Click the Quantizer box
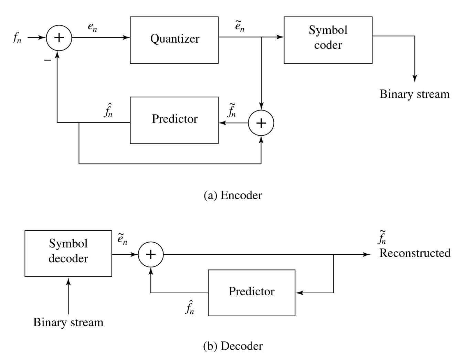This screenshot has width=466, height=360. pyautogui.click(x=174, y=40)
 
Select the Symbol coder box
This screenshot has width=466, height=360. pyautogui.click(x=328, y=40)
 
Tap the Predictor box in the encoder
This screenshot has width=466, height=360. pyautogui.click(x=174, y=120)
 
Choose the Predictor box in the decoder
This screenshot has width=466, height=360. pyautogui.click(x=252, y=293)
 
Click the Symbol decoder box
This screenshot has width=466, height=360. pyautogui.click(x=68, y=253)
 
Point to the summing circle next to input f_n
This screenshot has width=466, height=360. pyautogui.click(x=59, y=38)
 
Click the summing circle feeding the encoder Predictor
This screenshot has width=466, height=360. pyautogui.click(x=261, y=123)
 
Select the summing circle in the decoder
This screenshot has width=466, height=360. pyautogui.click(x=151, y=255)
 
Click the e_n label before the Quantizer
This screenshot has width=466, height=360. pyautogui.click(x=92, y=28)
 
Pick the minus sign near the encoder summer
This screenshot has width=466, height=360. pyautogui.click(x=47, y=60)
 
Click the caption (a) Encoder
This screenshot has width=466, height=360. pyautogui.click(x=233, y=195)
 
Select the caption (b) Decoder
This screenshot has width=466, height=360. pyautogui.click(x=233, y=346)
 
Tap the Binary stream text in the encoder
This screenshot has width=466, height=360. pyautogui.click(x=414, y=94)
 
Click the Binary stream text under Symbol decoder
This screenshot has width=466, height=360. pyautogui.click(x=68, y=322)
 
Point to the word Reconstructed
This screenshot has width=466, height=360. pyautogui.click(x=415, y=253)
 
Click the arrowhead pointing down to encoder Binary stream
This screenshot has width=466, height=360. pyautogui.click(x=415, y=78)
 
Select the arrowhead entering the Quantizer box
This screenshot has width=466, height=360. pyautogui.click(x=127, y=38)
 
